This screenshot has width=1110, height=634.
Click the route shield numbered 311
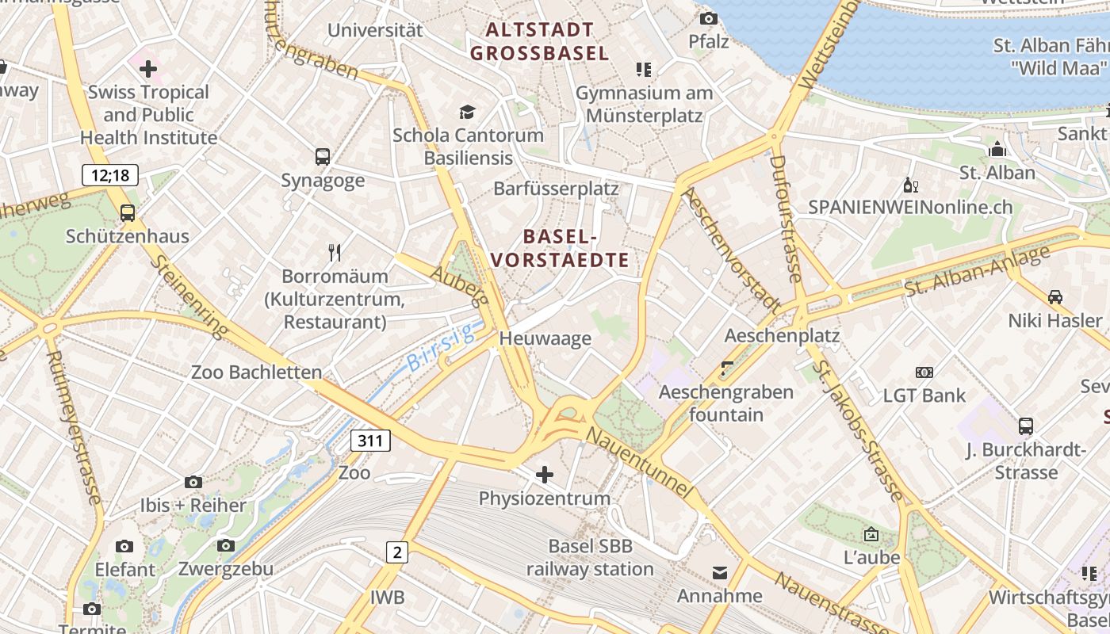(370, 441)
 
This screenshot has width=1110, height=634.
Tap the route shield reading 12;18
(110, 174)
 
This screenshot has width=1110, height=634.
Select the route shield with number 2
(396, 552)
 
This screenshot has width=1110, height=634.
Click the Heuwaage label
(545, 338)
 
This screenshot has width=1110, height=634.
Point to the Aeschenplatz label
(782, 335)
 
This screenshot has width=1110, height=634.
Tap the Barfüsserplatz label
(556, 189)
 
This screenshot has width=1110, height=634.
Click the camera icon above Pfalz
(708, 18)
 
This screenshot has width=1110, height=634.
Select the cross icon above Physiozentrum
(545, 475)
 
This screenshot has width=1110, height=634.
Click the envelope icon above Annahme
(720, 572)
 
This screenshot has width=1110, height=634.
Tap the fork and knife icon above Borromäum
(335, 253)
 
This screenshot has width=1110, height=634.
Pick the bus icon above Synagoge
(323, 156)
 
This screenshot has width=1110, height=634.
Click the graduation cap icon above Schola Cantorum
(468, 112)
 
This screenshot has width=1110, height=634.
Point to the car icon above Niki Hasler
(1055, 297)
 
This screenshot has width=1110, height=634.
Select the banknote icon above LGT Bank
(924, 372)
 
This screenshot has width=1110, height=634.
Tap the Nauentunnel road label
(639, 463)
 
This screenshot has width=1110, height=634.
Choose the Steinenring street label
(189, 296)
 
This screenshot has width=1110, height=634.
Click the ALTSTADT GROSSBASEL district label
(540, 42)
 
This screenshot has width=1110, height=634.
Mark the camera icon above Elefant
(124, 546)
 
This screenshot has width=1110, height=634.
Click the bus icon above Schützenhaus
(128, 212)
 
